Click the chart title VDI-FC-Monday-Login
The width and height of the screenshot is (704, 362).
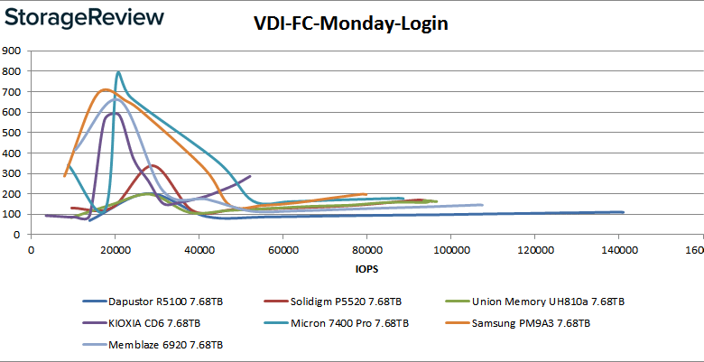point(350,24)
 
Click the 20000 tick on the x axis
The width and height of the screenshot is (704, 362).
point(115,250)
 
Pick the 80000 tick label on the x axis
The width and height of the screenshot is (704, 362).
point(366,250)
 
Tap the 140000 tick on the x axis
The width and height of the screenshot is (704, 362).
point(616,250)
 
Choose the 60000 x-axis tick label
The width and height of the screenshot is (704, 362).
point(283,250)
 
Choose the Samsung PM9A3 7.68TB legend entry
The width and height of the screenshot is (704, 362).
point(533,322)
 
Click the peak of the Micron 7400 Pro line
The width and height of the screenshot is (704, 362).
point(118,72)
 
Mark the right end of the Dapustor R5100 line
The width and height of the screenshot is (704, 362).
point(624,212)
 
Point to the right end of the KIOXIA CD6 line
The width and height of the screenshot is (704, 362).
point(250,176)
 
